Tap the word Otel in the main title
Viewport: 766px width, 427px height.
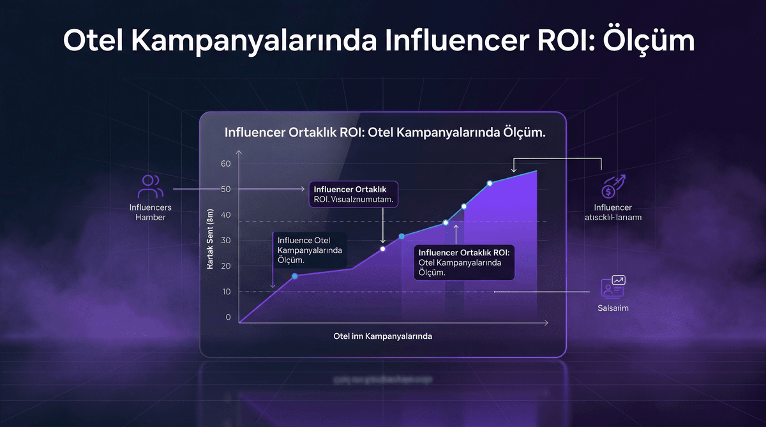[x=94, y=41]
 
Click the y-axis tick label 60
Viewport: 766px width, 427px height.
[x=225, y=164]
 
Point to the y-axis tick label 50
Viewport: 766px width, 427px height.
[x=225, y=190]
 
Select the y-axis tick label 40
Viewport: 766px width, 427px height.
[x=225, y=215]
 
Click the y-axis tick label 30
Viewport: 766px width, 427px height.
[x=225, y=241]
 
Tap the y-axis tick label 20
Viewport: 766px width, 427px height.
[x=225, y=266]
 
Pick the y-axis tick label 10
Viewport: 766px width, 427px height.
[x=225, y=292]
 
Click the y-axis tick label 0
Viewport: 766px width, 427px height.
[x=228, y=317]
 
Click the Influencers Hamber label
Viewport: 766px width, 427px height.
[x=150, y=213]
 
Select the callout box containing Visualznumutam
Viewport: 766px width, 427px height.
[x=354, y=194]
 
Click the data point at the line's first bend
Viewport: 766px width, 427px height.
[x=295, y=276]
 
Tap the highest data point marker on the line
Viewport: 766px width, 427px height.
[x=490, y=184]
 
